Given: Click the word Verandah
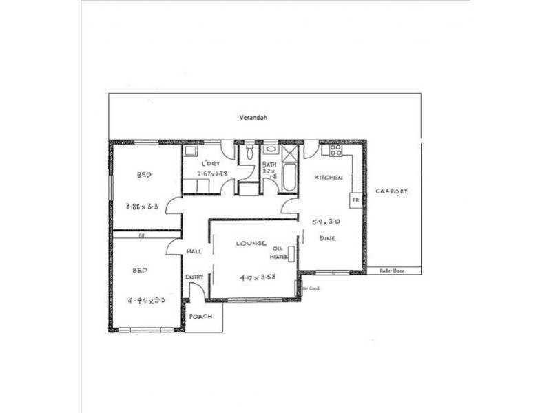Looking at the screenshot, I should pyautogui.click(x=249, y=118).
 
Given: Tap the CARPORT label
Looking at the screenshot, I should pyautogui.click(x=391, y=191).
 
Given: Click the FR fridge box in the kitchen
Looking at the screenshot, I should pyautogui.click(x=355, y=200).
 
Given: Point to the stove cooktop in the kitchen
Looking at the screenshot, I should pyautogui.click(x=336, y=149).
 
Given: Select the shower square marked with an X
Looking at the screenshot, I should pyautogui.click(x=289, y=152).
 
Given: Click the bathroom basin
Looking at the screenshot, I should pyautogui.click(x=270, y=149).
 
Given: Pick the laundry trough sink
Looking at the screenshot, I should pyautogui.click(x=191, y=150).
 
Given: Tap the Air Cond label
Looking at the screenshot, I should pyautogui.click(x=311, y=288).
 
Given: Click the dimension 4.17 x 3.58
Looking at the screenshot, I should pyautogui.click(x=252, y=278).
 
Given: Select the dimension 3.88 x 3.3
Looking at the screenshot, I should pyautogui.click(x=144, y=205).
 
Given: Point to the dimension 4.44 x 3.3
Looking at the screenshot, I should pyautogui.click(x=145, y=301).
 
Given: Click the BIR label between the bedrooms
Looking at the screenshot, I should pyautogui.click(x=143, y=235).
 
